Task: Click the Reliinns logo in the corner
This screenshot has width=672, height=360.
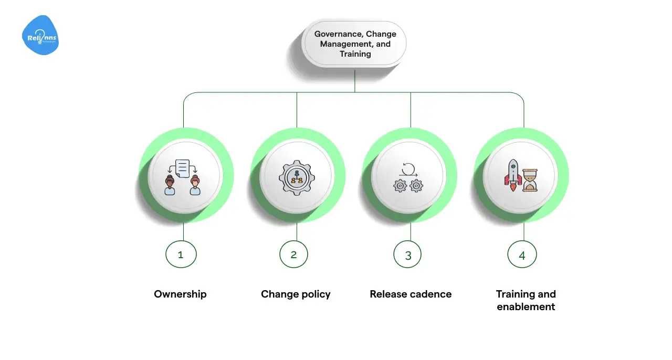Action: click(x=40, y=35)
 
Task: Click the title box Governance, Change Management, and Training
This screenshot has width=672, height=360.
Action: click(x=355, y=44)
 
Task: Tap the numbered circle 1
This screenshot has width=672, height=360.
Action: click(x=181, y=255)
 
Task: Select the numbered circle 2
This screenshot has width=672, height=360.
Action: click(x=294, y=255)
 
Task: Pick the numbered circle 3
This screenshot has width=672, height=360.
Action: click(x=408, y=255)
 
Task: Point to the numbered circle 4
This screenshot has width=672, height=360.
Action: click(x=522, y=255)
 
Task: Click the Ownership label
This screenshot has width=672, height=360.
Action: click(x=180, y=294)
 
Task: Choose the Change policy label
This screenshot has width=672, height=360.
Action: click(x=296, y=294)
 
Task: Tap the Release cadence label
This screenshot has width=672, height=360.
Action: click(x=411, y=294)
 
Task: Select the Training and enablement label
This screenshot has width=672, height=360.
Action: click(x=526, y=300)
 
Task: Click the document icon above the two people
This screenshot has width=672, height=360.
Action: click(x=182, y=167)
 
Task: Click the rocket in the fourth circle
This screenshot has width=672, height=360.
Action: click(x=513, y=175)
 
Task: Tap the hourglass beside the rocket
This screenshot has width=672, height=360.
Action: click(x=530, y=181)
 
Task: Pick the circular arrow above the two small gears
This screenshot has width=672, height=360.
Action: click(x=409, y=168)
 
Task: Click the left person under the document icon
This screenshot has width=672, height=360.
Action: click(x=170, y=185)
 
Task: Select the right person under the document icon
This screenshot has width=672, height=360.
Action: click(x=195, y=185)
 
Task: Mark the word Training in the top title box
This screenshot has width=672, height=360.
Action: click(x=355, y=54)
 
